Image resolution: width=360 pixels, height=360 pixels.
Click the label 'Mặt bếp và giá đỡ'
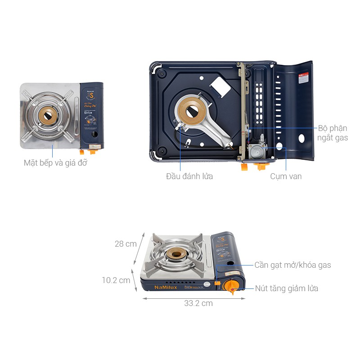point(55,163)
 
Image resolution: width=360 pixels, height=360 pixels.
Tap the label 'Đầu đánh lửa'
point(189,176)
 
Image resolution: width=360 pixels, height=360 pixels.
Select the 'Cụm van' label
point(286,176)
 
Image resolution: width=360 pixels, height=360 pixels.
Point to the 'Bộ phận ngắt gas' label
point(332,133)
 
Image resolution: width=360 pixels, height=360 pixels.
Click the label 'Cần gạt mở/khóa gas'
point(292,265)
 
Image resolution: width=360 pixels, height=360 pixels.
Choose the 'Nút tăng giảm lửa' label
point(286,288)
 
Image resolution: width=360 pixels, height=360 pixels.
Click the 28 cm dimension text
point(126,244)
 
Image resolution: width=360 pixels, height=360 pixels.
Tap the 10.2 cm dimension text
point(116,280)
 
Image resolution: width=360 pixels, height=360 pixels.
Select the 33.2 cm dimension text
point(198,303)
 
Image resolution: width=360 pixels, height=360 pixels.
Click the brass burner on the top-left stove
point(48,113)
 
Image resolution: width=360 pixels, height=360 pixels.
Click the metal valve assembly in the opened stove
point(258,150)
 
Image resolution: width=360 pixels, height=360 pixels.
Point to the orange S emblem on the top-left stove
point(91,95)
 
